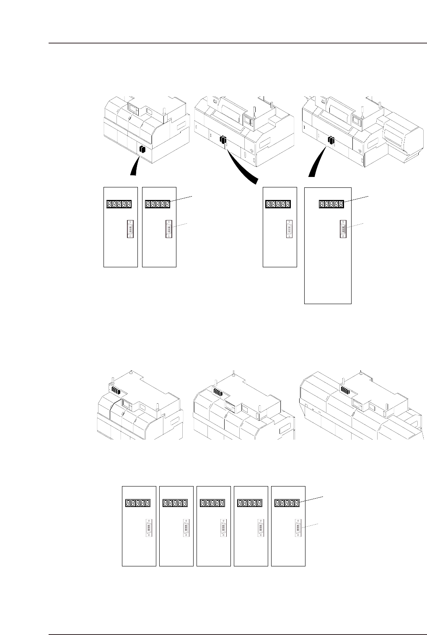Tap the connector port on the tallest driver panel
(343, 230)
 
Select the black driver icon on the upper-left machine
(142, 149)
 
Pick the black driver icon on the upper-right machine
(331, 140)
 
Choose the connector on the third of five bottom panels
(222, 528)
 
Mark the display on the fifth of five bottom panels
(287, 503)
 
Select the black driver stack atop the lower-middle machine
(218, 392)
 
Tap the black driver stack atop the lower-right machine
(345, 390)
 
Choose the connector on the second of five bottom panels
(186, 528)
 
